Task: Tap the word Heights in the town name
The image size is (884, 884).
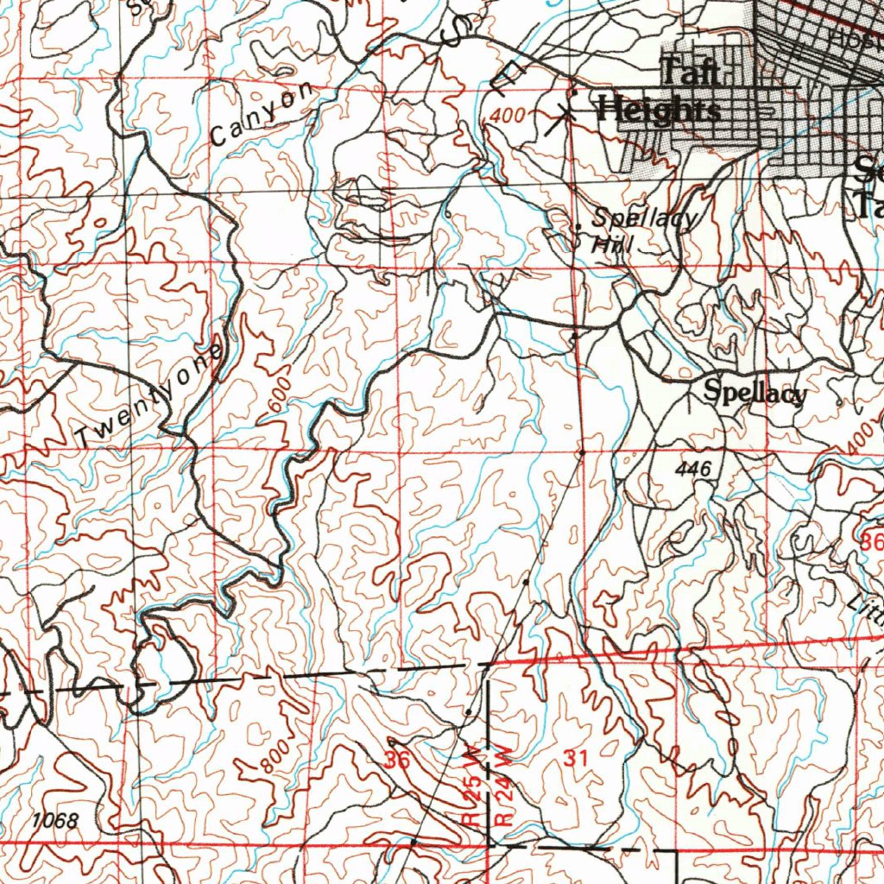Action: pyautogui.click(x=660, y=110)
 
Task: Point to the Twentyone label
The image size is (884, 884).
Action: pyautogui.click(x=148, y=395)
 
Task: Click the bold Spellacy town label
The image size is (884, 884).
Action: pyautogui.click(x=755, y=392)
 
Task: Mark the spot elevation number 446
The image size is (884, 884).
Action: pyautogui.click(x=694, y=469)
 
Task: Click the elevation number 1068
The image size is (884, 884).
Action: pyautogui.click(x=54, y=820)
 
